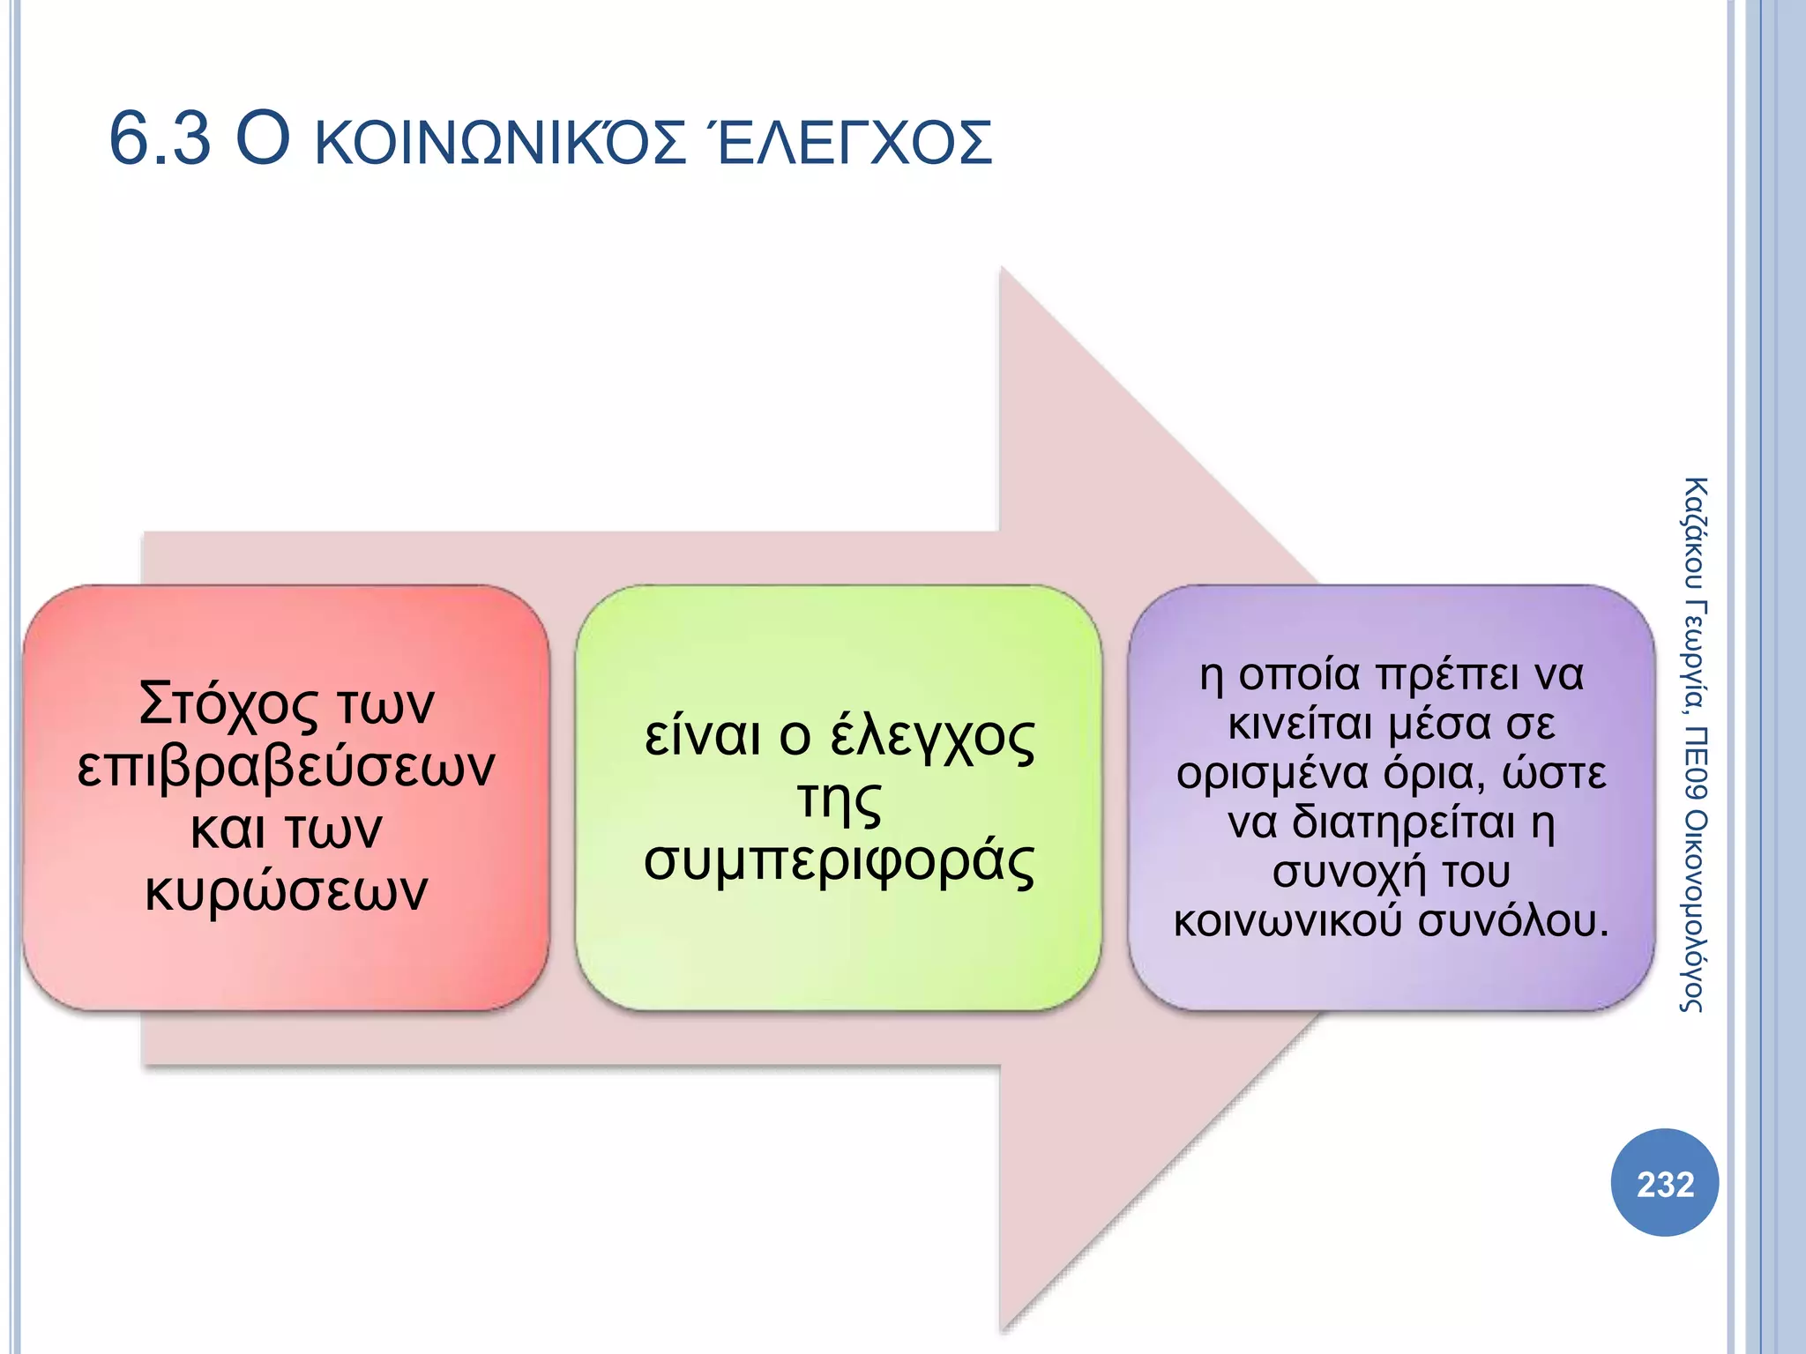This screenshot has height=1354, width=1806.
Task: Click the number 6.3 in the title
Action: tap(160, 139)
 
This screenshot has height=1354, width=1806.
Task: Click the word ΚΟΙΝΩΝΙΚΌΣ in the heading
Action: tap(500, 143)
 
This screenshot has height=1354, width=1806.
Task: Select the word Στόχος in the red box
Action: tap(228, 705)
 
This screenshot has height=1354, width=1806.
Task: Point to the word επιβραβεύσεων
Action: tap(286, 767)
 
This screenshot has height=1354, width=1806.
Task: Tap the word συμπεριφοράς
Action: tap(839, 861)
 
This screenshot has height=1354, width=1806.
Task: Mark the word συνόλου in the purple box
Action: tap(1513, 921)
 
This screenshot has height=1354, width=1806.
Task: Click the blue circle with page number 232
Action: tap(1664, 1183)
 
